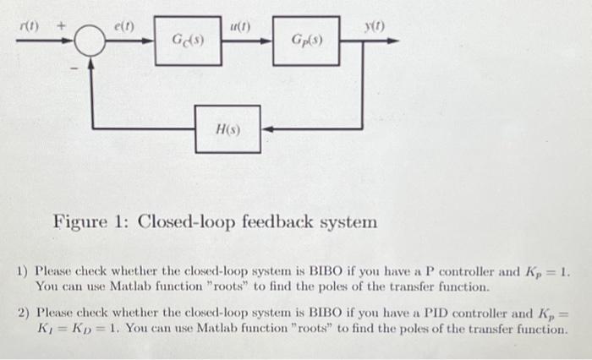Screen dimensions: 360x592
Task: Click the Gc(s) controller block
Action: [188, 40]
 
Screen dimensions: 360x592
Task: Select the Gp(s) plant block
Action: [306, 40]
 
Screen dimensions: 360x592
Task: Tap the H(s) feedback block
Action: [227, 129]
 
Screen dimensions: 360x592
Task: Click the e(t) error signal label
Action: [123, 26]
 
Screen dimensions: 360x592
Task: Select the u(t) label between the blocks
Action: [240, 26]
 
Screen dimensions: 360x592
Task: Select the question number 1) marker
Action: [24, 273]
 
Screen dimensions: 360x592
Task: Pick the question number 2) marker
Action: [24, 314]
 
